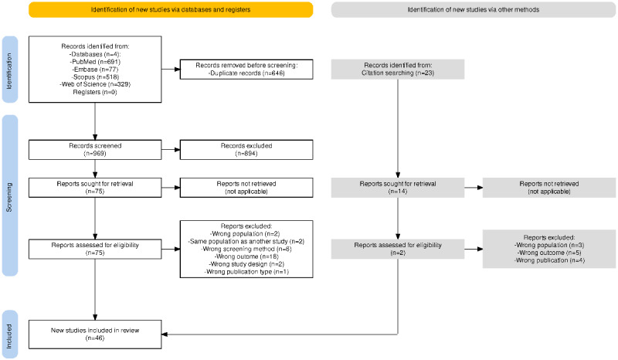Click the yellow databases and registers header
tap(171, 9)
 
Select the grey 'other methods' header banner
tap(474, 9)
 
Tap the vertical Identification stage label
tap(10, 70)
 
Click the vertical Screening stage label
tap(10, 196)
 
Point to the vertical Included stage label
tap(10, 335)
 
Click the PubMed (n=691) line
tap(95, 62)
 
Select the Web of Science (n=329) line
tap(95, 84)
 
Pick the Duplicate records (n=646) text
tap(246, 73)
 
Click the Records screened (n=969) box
tap(95, 150)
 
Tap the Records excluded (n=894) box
tap(246, 150)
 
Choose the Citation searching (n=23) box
tap(398, 70)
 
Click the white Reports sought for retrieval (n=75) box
tap(95, 188)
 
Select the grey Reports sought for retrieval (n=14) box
tap(398, 188)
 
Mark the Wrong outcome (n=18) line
tap(246, 256)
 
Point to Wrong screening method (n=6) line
tap(246, 250)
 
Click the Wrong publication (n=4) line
tap(549, 260)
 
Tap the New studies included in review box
tap(95, 335)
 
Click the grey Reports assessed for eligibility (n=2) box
tap(398, 250)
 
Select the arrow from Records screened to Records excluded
tap(171, 150)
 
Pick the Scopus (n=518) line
tap(95, 77)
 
